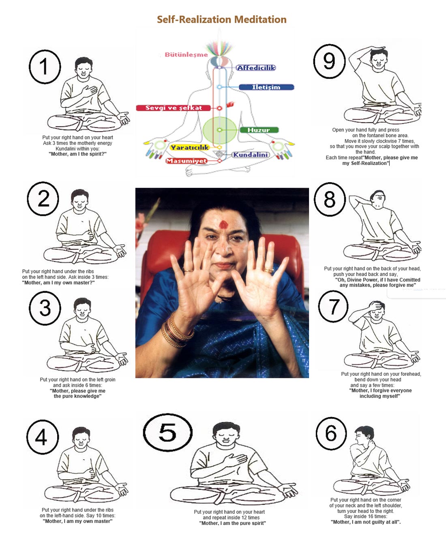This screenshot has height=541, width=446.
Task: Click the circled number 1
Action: pos(45,67)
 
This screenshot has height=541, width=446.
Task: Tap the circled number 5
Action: pos(167,432)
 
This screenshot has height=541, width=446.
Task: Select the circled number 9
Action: pos(329,62)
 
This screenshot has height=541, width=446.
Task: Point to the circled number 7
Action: pos(333,307)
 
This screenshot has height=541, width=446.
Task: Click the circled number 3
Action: pos(45,308)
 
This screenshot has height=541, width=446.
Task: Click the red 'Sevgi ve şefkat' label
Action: pos(174,108)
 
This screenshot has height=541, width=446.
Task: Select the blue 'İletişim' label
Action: pos(266,87)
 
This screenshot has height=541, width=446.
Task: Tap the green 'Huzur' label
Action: pos(258,130)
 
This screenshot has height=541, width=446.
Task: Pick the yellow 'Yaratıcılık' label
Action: pos(189,148)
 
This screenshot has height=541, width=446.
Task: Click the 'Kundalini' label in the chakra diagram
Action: pos(251,155)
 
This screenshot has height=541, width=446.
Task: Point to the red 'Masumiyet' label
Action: pos(186,161)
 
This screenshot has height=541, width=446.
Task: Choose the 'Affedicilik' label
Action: pos(256,68)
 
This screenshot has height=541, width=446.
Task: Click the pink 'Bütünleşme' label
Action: pos(186,55)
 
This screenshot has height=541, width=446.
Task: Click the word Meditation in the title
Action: pos(260,19)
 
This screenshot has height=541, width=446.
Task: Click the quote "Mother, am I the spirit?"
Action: pos(77,154)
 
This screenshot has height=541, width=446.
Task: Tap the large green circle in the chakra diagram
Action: pos(219,130)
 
